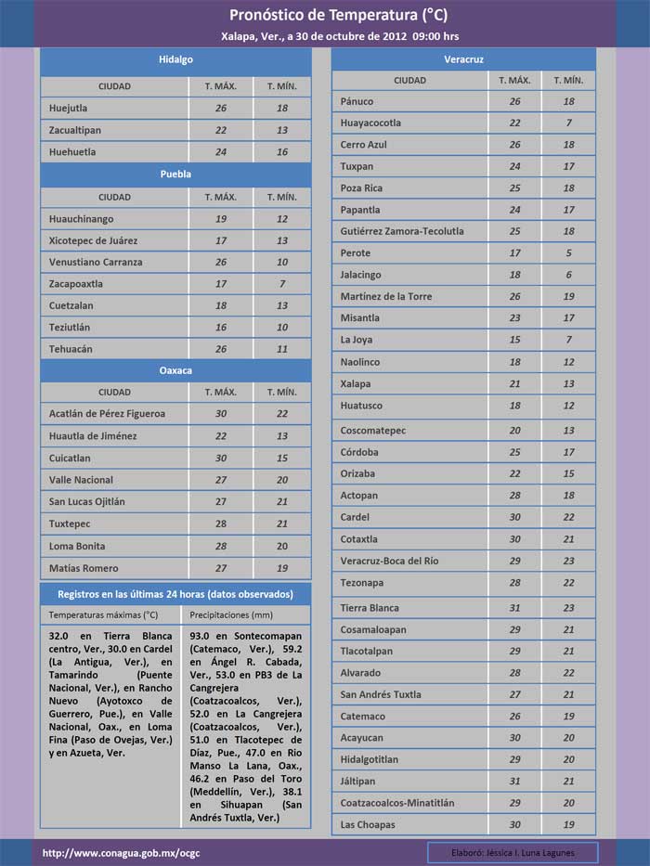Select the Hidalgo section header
point(175,59)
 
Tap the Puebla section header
point(175,174)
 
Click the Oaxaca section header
point(175,370)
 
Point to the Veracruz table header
point(463,59)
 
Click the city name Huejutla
point(69,108)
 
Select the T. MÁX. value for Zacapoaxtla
point(221,283)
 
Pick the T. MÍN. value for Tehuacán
point(282,349)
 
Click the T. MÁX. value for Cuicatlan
point(221,458)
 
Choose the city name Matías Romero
point(84,568)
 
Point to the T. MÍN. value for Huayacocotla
point(569,123)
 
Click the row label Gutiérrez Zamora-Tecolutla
point(402,231)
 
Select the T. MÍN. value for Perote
point(569,252)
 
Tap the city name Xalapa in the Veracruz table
point(356,383)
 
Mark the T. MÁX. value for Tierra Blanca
point(514,608)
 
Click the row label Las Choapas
point(368,824)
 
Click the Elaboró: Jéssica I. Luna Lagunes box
point(513,852)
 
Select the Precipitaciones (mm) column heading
point(231,614)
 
